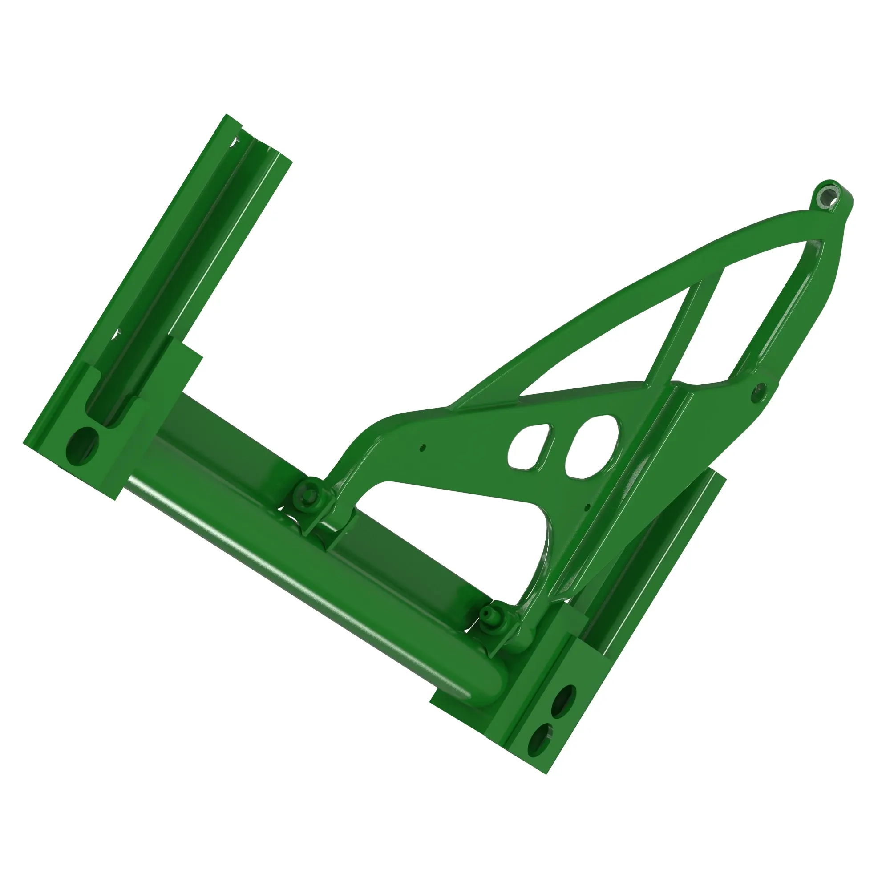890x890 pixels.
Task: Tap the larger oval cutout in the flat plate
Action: coord(592,445)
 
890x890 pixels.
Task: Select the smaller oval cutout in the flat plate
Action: coord(530,447)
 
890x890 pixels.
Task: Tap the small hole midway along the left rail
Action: coord(117,332)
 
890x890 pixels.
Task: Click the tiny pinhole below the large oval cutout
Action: coord(587,507)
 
